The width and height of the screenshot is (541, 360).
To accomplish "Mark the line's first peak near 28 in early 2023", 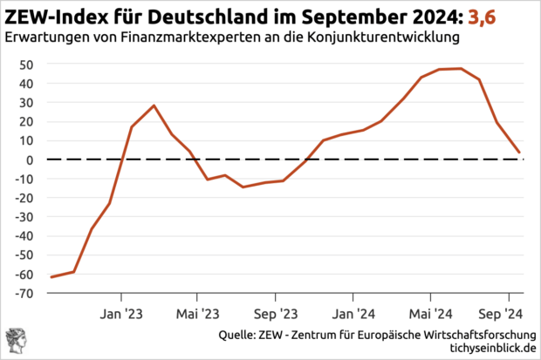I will click(x=154, y=105).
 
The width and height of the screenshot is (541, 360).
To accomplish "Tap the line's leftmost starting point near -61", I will click(x=51, y=277).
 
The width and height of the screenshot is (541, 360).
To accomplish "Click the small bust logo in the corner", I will click(x=15, y=341).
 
